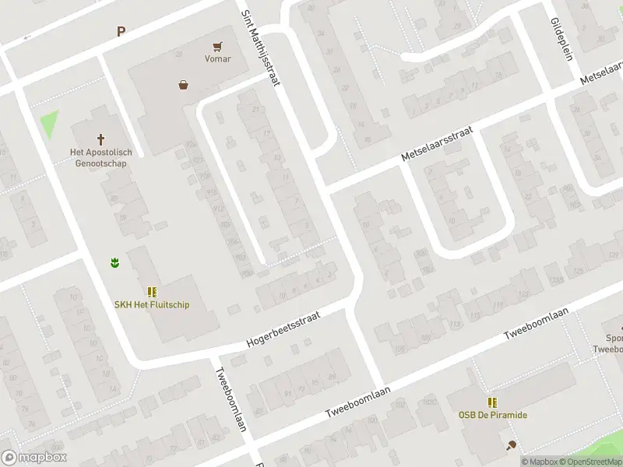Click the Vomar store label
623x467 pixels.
217,58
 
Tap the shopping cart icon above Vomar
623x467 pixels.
217,45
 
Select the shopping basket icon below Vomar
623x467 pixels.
183,85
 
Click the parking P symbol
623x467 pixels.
121,32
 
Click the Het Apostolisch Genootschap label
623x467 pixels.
98,157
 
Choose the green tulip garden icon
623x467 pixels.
114,263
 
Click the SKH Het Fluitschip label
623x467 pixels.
152,304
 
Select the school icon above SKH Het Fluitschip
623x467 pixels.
152,292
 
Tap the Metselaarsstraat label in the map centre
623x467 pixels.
437,146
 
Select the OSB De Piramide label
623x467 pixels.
492,415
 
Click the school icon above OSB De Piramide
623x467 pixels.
492,402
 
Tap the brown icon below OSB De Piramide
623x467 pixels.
511,445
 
